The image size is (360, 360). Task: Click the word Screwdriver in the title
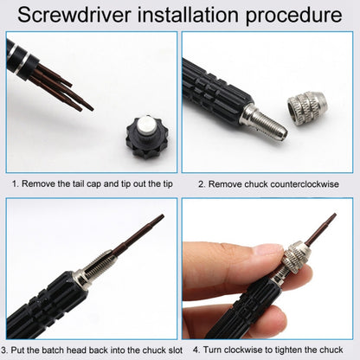(x=79, y=16)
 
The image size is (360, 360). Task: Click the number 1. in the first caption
(x=15, y=183)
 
